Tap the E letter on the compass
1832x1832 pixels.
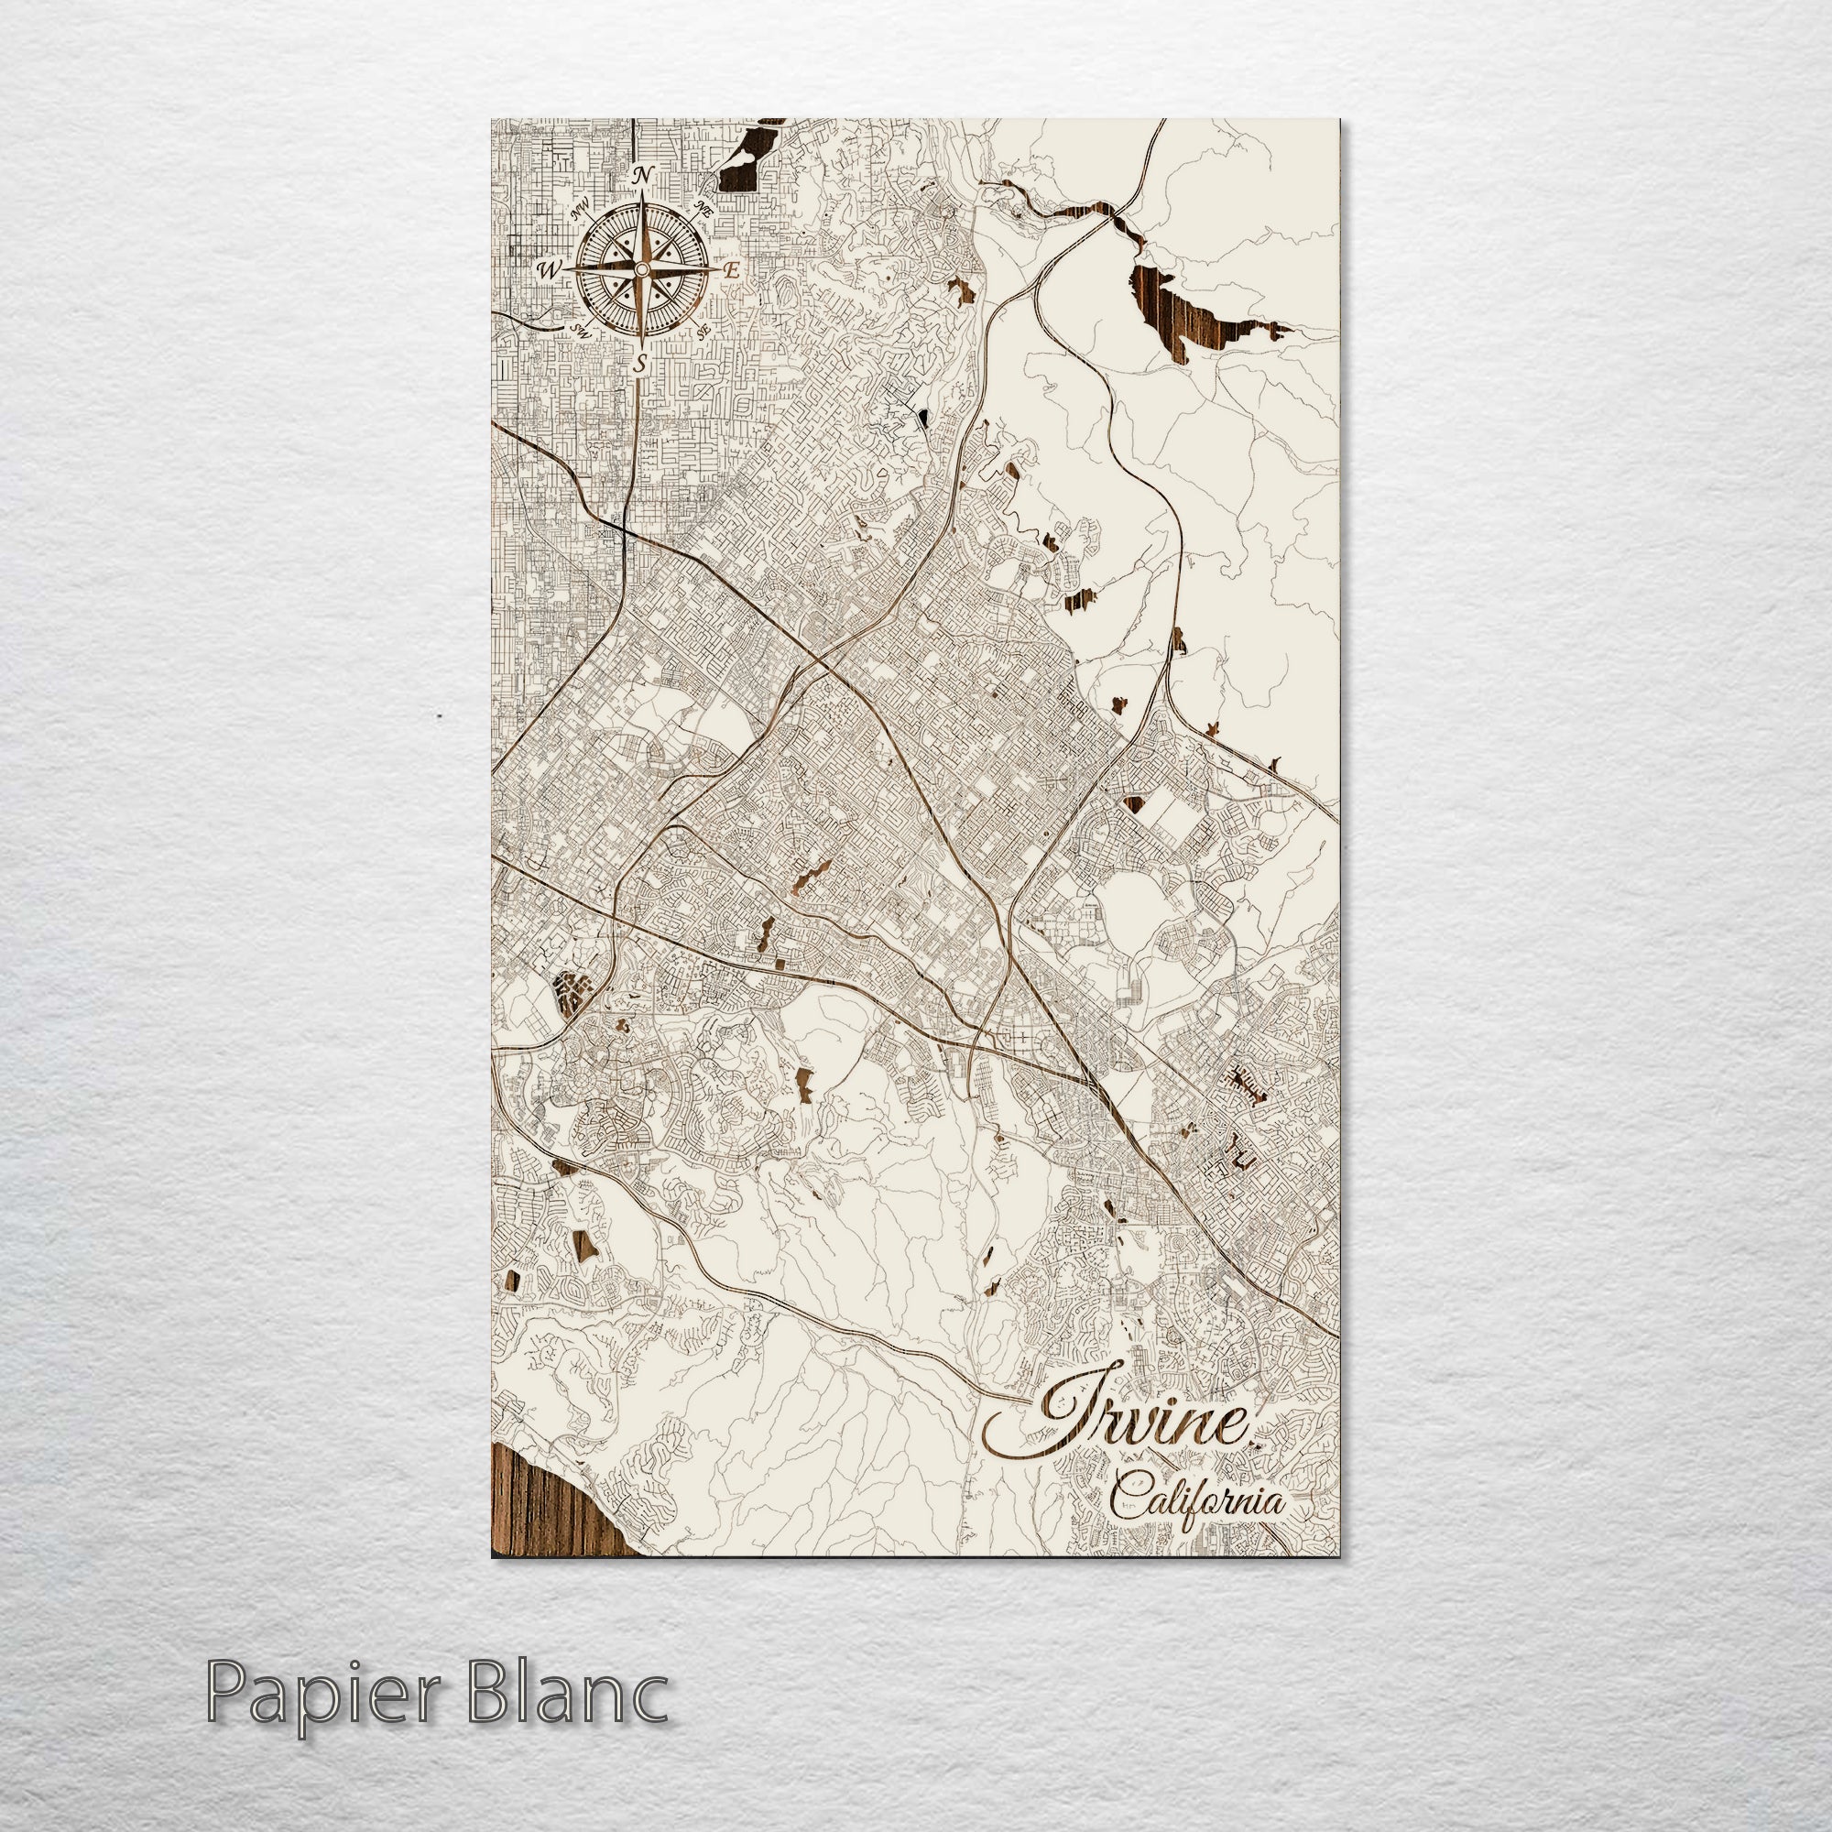(x=731, y=270)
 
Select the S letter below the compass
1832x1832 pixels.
(x=642, y=363)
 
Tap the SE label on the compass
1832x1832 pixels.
(x=703, y=331)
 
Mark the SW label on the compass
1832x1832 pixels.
(x=582, y=331)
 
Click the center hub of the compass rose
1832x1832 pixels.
(x=642, y=270)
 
